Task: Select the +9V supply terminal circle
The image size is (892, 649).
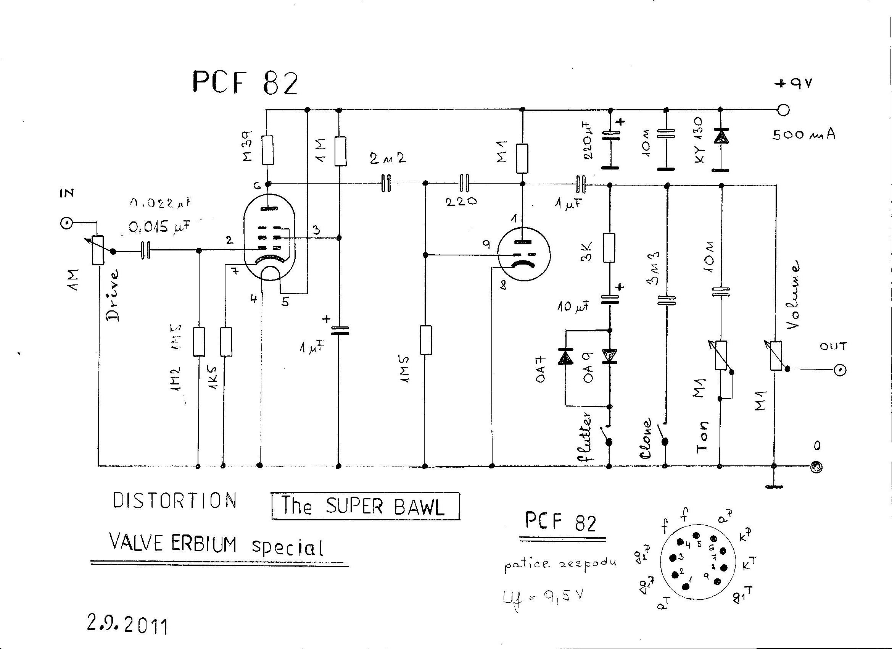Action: tap(783, 110)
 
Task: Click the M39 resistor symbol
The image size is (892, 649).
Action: tap(267, 150)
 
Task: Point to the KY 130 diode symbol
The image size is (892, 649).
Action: tap(721, 137)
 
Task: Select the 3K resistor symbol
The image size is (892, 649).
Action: tap(609, 247)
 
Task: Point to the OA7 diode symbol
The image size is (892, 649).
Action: tap(565, 356)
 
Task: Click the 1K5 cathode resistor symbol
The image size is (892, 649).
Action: tap(226, 341)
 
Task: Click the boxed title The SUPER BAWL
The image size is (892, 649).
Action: tap(365, 506)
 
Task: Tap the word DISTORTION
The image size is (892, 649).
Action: tap(175, 500)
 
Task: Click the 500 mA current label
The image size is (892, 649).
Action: tap(804, 135)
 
